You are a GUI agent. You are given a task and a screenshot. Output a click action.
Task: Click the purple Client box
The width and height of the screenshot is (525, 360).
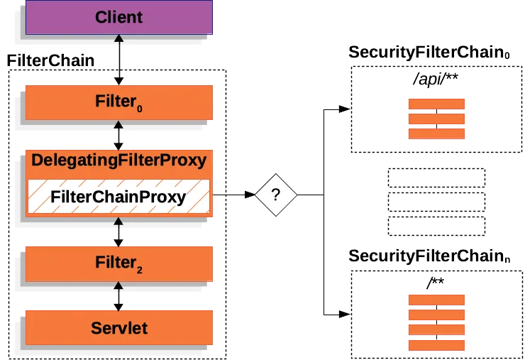(x=118, y=17)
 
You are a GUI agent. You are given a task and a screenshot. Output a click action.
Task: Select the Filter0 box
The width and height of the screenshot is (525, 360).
(x=118, y=102)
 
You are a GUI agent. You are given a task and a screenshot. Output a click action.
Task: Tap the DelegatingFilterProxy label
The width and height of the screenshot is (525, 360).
(x=118, y=160)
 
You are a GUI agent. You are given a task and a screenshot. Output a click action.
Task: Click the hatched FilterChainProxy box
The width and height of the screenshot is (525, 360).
(x=118, y=197)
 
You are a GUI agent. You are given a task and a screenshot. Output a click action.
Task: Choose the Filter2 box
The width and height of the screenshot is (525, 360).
(x=118, y=263)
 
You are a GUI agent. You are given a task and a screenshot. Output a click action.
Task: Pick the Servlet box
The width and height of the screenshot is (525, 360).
(x=118, y=328)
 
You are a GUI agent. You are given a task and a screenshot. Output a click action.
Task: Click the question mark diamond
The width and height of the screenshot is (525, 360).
(x=277, y=193)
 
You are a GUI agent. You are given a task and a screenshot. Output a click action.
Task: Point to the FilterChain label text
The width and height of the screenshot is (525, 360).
(x=50, y=61)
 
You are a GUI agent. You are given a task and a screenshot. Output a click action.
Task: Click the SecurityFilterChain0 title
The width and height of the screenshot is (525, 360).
(x=429, y=53)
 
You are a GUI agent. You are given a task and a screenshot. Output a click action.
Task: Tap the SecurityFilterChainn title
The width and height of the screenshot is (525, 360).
(x=429, y=255)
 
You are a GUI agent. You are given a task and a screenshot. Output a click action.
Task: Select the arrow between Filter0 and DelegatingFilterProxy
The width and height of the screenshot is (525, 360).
(x=118, y=134)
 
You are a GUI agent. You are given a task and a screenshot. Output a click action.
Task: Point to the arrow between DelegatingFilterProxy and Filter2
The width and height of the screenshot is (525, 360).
(x=118, y=232)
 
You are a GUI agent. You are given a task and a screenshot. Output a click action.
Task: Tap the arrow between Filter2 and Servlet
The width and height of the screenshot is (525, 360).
(x=118, y=296)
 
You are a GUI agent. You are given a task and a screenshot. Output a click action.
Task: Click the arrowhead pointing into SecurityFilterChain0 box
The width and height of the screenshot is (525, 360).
(x=343, y=109)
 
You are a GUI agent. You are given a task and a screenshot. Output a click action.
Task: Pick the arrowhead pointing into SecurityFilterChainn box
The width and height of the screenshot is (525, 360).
(x=343, y=313)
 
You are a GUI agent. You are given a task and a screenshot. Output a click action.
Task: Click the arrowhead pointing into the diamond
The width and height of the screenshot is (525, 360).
(x=249, y=193)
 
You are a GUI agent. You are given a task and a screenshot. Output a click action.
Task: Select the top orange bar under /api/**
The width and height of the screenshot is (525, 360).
(x=436, y=104)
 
